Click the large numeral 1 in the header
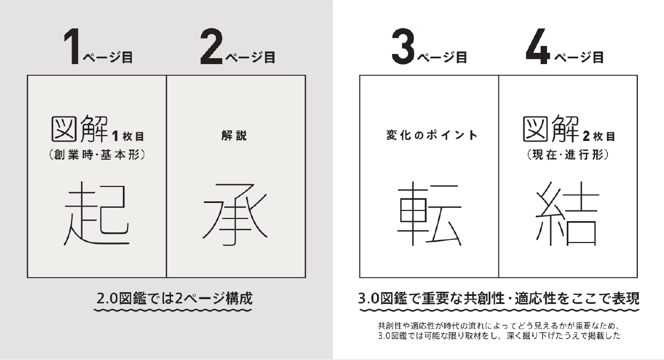pos(72,46)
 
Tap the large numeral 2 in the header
pos(211,46)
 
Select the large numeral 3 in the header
pos(403,46)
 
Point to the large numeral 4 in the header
pos(538,46)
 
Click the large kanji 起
pos(97,213)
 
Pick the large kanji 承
pos(235,215)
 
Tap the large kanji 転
pos(429,213)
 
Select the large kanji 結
pos(567,213)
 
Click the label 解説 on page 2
pos(234,136)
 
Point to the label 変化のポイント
pos(432,136)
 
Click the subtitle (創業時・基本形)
pos(97,155)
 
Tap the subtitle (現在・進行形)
pos(568,155)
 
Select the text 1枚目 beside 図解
pos(128,137)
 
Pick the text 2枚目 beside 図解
pos(599,137)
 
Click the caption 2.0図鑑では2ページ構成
pos(174,299)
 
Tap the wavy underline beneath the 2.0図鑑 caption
pos(173,310)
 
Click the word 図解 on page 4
pos(551,129)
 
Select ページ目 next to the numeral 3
pos(442,57)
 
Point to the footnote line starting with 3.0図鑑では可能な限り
pos(499,336)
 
